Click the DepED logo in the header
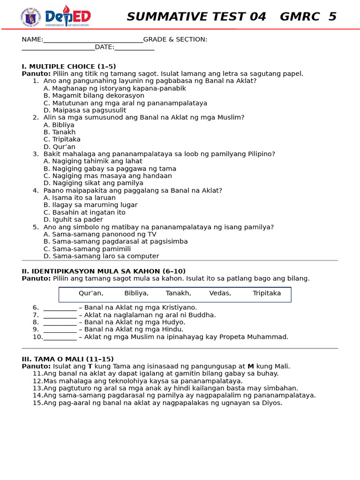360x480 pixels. click(67, 16)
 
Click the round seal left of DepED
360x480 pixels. click(31, 16)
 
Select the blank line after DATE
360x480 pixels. click(134, 48)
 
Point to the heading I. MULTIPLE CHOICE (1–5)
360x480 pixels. click(68, 67)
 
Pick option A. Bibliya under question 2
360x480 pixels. click(59, 125)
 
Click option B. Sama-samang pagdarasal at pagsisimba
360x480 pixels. click(115, 241)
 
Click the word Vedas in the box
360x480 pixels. click(220, 293)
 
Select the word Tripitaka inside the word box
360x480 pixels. click(267, 293)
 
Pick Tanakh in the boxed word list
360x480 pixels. click(178, 293)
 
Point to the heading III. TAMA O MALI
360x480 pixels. click(67, 359)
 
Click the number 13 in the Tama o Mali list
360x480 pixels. click(37, 388)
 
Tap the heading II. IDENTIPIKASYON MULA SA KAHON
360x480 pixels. click(104, 271)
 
